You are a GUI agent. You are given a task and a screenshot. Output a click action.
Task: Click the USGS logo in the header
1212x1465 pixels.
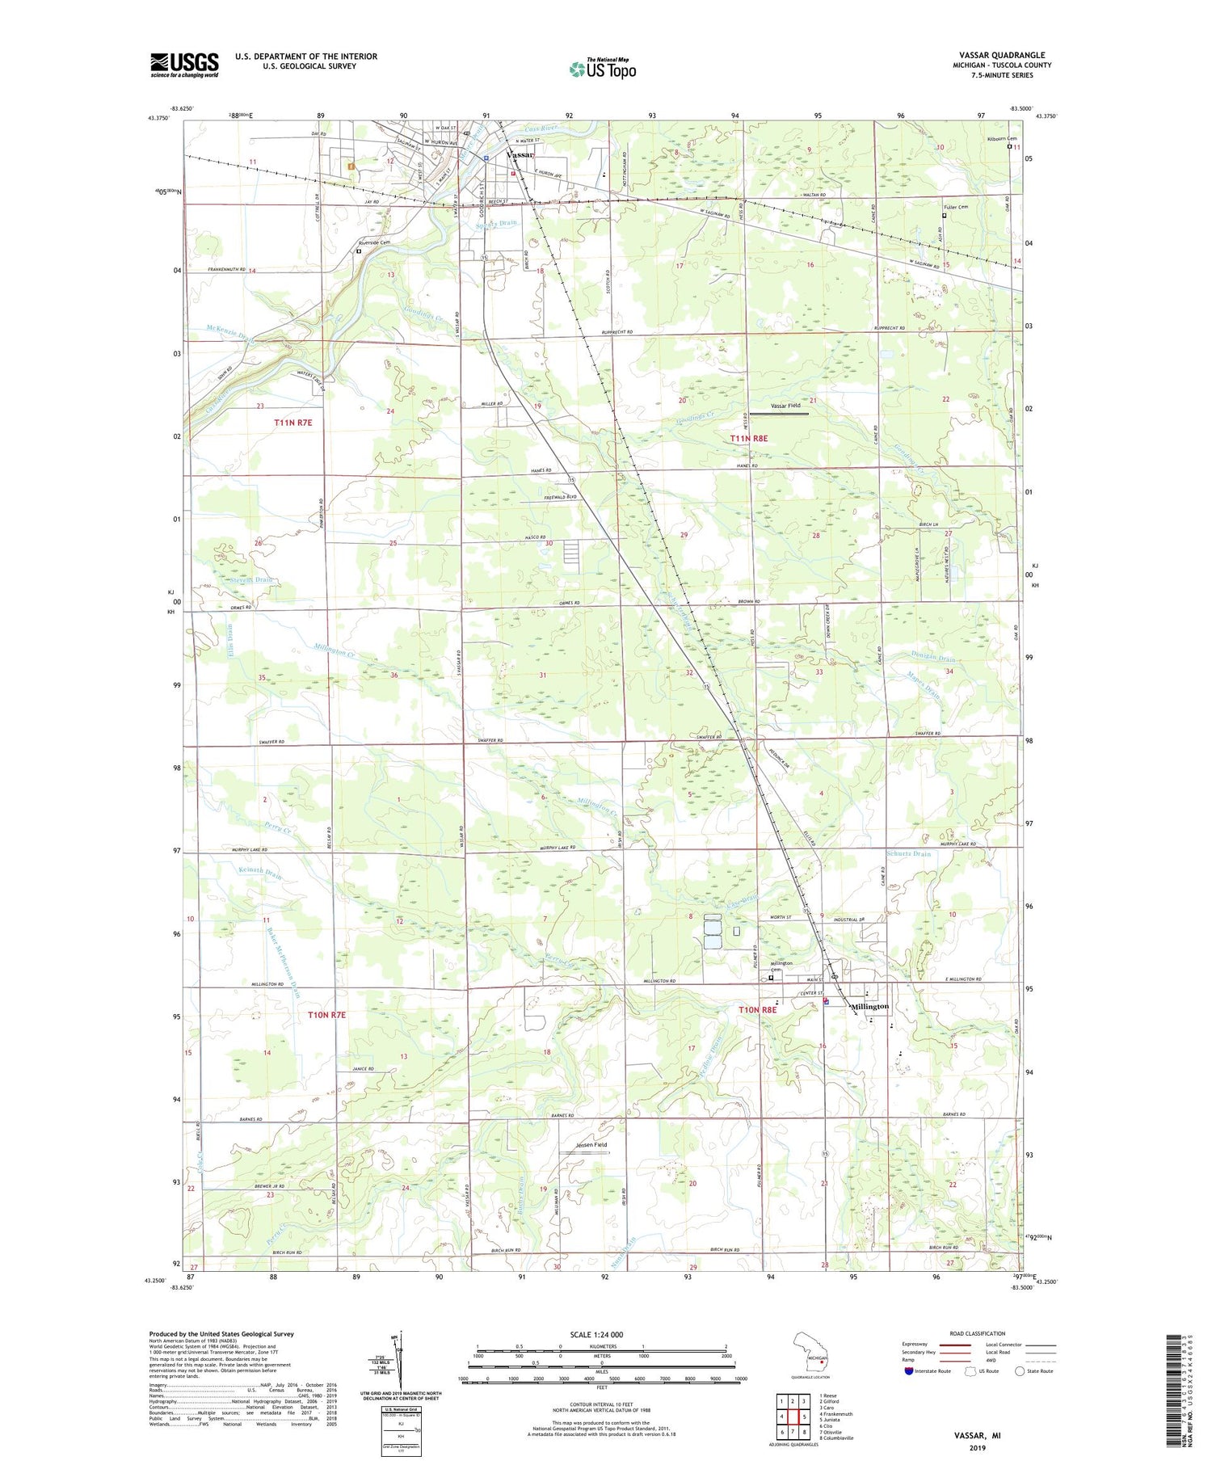coord(184,65)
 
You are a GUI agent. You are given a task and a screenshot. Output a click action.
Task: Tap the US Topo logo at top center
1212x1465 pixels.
coord(602,69)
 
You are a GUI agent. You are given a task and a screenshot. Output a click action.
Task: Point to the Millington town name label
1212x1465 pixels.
coord(869,1006)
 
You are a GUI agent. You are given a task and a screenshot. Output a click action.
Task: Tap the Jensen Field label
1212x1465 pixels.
coord(591,1144)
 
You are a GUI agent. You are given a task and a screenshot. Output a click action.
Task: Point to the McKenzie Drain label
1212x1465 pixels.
coord(230,334)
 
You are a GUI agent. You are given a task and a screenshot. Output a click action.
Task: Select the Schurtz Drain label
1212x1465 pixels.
coord(908,853)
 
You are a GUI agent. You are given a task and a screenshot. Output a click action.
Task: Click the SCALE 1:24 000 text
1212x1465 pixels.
coord(601,1334)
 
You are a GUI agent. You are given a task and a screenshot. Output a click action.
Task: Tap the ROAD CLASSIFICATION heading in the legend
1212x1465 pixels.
coord(978,1333)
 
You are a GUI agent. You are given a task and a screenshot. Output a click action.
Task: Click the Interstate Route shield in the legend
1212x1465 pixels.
coord(908,1371)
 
